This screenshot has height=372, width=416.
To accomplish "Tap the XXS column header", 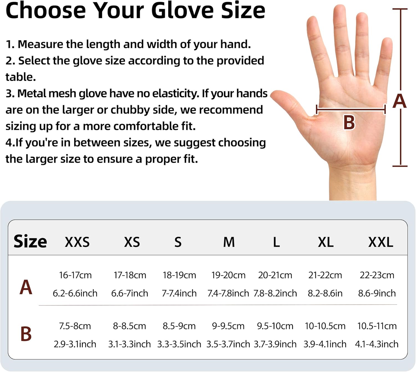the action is pyautogui.click(x=77, y=242).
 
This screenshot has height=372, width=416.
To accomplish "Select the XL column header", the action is pyautogui.click(x=326, y=242).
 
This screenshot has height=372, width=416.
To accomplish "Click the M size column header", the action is pyautogui.click(x=229, y=242).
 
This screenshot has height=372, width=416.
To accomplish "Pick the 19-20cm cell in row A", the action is pyautogui.click(x=229, y=275).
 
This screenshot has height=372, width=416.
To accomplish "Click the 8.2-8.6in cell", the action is pyautogui.click(x=325, y=293).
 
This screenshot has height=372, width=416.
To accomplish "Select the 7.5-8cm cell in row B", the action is pyautogui.click(x=75, y=326).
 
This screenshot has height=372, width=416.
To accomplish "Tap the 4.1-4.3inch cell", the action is pyautogui.click(x=377, y=344).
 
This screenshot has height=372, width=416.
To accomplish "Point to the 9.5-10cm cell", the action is pyautogui.click(x=275, y=326).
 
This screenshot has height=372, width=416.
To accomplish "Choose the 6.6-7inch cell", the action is pyautogui.click(x=130, y=293).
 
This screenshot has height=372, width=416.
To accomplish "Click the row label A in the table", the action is pyautogui.click(x=26, y=287).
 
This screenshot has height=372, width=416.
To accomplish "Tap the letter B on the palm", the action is pyautogui.click(x=349, y=122).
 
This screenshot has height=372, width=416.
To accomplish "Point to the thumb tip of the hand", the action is pyautogui.click(x=274, y=95).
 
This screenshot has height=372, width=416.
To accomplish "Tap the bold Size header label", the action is pyautogui.click(x=30, y=241).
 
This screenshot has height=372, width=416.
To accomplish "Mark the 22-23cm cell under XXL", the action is pyautogui.click(x=377, y=275).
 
